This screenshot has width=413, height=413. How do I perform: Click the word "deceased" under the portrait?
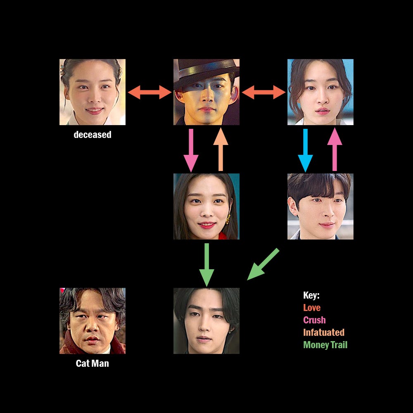[x=93, y=135]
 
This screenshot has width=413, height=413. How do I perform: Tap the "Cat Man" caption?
[x=92, y=363]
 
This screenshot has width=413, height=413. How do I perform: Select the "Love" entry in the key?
[x=312, y=308]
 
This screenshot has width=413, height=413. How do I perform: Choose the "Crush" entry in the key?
[x=314, y=320]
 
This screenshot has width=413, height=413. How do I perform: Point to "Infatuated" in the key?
[x=323, y=332]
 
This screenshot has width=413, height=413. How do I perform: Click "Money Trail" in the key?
[x=325, y=345]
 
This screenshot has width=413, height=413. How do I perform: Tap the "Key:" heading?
[x=311, y=295]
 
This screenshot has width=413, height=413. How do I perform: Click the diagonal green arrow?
[x=263, y=264]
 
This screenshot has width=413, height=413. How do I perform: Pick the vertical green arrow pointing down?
[x=206, y=265]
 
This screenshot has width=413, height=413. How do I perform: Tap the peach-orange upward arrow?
[x=221, y=150]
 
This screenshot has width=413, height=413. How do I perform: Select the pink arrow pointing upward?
[x=335, y=150]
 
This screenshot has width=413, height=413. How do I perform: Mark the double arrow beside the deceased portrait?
[x=150, y=92]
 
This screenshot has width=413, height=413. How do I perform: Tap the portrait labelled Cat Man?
[x=93, y=321]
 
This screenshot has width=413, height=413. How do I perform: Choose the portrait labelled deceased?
[x=93, y=92]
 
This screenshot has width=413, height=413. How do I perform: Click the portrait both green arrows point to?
[x=206, y=321]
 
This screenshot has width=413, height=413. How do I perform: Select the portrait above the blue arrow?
[x=320, y=92]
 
